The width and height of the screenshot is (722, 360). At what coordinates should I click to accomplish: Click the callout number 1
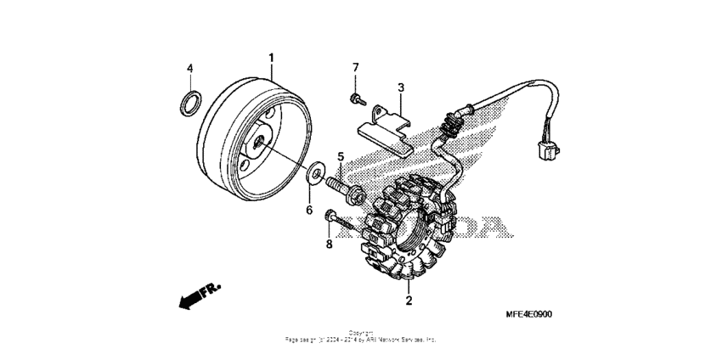pos(272,58)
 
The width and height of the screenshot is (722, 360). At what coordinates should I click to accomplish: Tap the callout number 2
pos(409,301)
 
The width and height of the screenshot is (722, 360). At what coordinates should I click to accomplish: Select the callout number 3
pos(401,87)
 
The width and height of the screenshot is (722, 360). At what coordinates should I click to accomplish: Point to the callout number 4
pos(190,68)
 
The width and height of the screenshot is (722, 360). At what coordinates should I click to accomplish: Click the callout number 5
pos(341,157)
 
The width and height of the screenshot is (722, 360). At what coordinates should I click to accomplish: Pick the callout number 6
pos(309,209)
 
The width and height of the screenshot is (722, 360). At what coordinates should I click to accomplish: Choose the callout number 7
pos(356,67)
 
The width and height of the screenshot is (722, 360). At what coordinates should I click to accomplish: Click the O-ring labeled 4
pos(191,104)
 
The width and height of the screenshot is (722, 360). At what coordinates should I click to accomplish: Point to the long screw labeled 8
pos(342,223)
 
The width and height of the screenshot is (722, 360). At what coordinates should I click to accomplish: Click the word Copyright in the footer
pos(360,332)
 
